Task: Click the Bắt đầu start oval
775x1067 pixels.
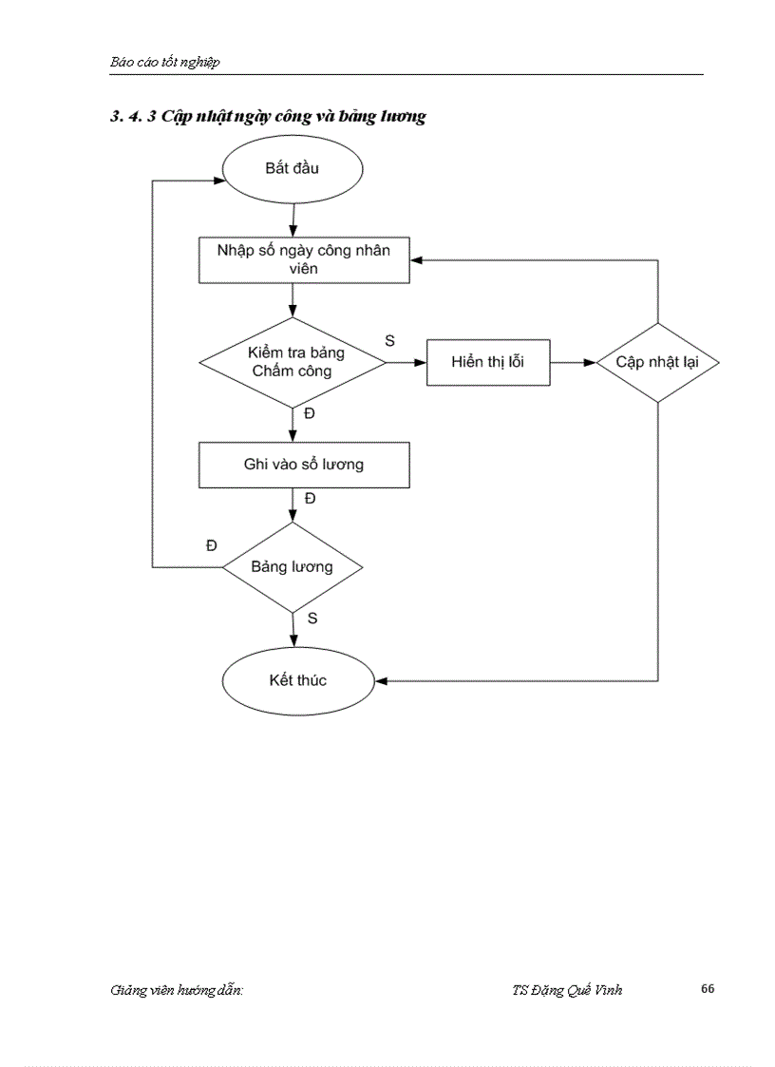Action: pyautogui.click(x=292, y=169)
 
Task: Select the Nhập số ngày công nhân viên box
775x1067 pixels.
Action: pyautogui.click(x=303, y=259)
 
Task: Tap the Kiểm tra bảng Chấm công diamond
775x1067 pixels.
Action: pyautogui.click(x=292, y=362)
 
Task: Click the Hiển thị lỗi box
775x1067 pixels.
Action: pyautogui.click(x=487, y=362)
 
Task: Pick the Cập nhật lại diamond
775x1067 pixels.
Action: pyautogui.click(x=656, y=362)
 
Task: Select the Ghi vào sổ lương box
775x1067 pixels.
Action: pyautogui.click(x=303, y=465)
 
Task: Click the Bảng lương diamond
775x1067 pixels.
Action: pyautogui.click(x=292, y=567)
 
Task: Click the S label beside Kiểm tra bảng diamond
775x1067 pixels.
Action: pyautogui.click(x=389, y=339)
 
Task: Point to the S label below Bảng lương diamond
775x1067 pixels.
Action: pyautogui.click(x=312, y=618)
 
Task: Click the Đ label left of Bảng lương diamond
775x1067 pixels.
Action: pyautogui.click(x=211, y=544)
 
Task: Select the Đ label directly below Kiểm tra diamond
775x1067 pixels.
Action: pyautogui.click(x=310, y=413)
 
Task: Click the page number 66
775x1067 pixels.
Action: pyautogui.click(x=708, y=989)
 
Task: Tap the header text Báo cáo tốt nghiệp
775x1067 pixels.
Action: pyautogui.click(x=164, y=62)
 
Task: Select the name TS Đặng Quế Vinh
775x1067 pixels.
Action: pyautogui.click(x=567, y=990)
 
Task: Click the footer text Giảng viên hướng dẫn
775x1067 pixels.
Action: pyautogui.click(x=177, y=990)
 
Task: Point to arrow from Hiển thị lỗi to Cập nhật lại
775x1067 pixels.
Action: pyautogui.click(x=572, y=362)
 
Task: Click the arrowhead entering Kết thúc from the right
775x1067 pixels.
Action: pyautogui.click(x=382, y=680)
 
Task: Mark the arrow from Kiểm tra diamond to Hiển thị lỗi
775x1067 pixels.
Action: pyautogui.click(x=406, y=362)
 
